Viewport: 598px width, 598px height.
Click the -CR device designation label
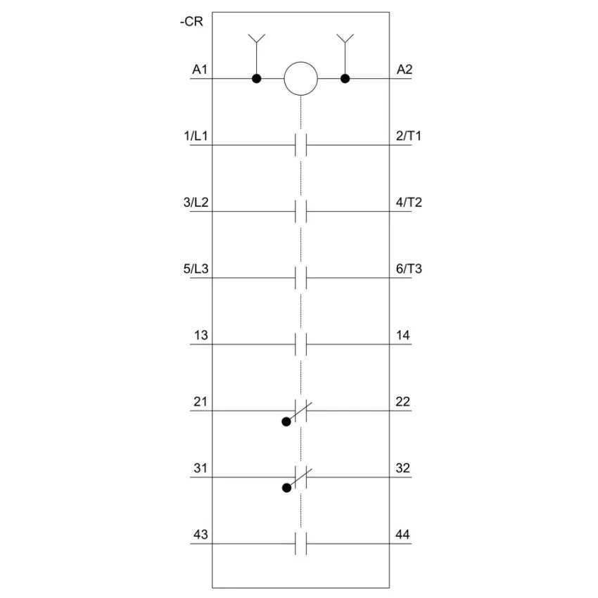pyautogui.click(x=191, y=21)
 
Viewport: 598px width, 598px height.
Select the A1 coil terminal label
pyautogui.click(x=200, y=70)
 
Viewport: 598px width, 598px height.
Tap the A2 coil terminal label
pyautogui.click(x=405, y=70)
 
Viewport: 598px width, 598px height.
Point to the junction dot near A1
pyautogui.click(x=257, y=79)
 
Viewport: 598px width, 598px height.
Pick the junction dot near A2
pyautogui.click(x=345, y=79)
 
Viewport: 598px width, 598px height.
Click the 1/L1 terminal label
pyautogui.click(x=196, y=136)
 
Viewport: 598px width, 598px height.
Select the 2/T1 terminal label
pyautogui.click(x=409, y=136)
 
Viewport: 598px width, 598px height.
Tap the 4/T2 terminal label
pyautogui.click(x=409, y=202)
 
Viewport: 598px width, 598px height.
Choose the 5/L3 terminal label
pyautogui.click(x=196, y=269)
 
